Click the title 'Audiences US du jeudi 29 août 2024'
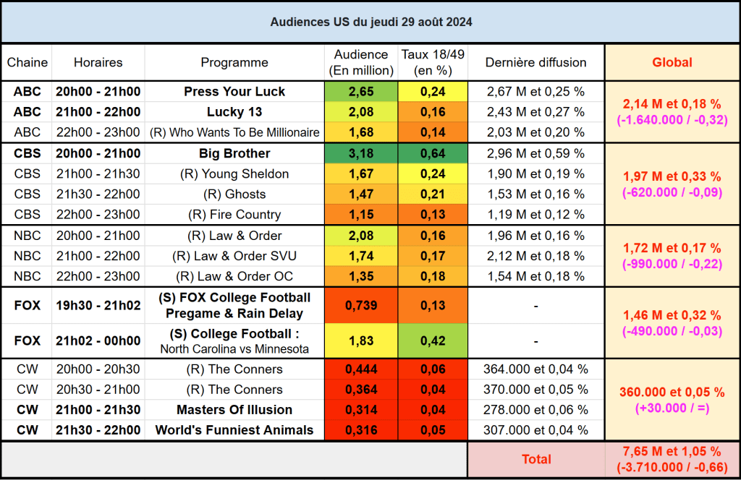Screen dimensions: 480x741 [x=370, y=22]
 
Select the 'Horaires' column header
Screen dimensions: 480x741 [x=98, y=63]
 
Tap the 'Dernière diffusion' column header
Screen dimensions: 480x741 [x=535, y=63]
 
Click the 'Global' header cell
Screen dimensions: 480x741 [x=672, y=63]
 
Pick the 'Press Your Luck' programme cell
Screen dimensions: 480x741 [x=234, y=92]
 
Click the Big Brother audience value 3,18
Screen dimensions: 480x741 [x=361, y=153]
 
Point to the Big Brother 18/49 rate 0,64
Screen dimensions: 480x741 [x=433, y=153]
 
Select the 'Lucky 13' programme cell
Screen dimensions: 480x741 [x=234, y=112]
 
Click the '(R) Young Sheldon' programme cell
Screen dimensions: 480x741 [x=234, y=173]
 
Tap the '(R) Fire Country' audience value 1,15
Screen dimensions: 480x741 [x=361, y=214]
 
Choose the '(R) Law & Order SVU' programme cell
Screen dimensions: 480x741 [x=234, y=256]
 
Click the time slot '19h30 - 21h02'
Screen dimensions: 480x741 [x=98, y=306]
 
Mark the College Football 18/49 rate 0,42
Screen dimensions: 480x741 [x=433, y=340]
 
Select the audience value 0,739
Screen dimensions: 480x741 [x=361, y=306]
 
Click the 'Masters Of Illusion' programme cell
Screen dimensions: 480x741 [x=234, y=410]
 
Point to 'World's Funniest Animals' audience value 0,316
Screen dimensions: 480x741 [x=361, y=430]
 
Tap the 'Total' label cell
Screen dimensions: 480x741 [x=536, y=459]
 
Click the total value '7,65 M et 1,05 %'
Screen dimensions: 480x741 [x=672, y=452]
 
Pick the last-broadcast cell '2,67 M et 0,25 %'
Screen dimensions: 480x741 [x=535, y=92]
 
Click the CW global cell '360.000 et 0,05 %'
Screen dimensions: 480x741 [x=672, y=392]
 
